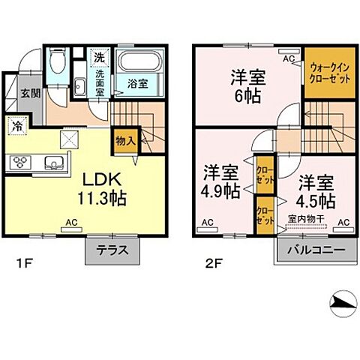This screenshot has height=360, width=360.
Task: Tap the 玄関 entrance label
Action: pyautogui.click(x=30, y=94)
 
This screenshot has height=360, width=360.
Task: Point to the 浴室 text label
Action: pyautogui.click(x=136, y=82)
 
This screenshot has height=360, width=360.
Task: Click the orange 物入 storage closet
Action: pyautogui.click(x=124, y=139)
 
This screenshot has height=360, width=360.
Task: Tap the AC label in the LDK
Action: pyautogui.click(x=71, y=222)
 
